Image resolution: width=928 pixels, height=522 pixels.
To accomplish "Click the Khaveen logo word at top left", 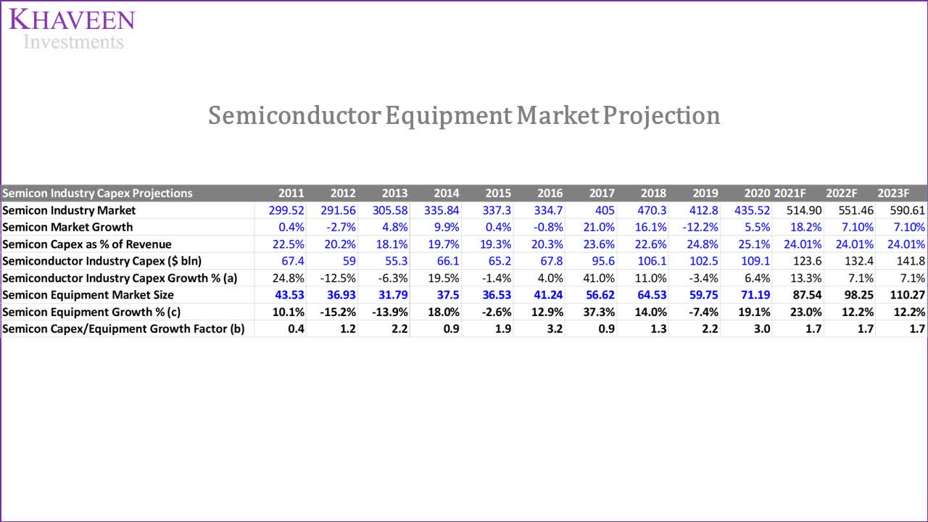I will [72, 19].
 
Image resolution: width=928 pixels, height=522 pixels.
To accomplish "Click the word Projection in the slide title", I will [662, 115].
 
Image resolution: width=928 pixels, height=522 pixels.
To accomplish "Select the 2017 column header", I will [601, 193].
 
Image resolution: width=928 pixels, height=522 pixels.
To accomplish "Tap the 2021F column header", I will [790, 193].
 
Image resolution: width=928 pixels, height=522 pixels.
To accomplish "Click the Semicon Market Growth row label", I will [67, 227].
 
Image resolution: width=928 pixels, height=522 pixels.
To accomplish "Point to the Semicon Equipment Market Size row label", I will [88, 295].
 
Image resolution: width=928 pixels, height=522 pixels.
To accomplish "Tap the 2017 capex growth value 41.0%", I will [600, 278].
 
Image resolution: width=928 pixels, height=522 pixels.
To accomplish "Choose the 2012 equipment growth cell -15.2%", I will [337, 312].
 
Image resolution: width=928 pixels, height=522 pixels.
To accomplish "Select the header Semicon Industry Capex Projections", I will [97, 193].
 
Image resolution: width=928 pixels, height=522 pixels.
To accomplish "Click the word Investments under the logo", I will [73, 42].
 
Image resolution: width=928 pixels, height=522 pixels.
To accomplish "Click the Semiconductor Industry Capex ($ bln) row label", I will [101, 261].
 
